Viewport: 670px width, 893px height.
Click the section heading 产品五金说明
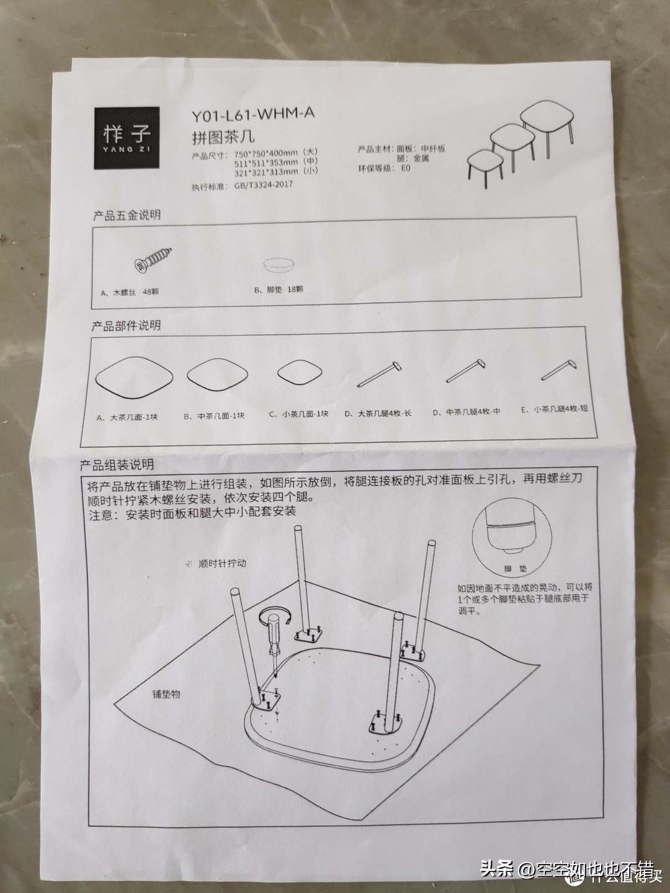pos(127,215)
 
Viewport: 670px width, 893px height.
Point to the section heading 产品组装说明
pos(116,464)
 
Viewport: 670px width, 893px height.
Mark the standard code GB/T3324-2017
pos(264,184)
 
